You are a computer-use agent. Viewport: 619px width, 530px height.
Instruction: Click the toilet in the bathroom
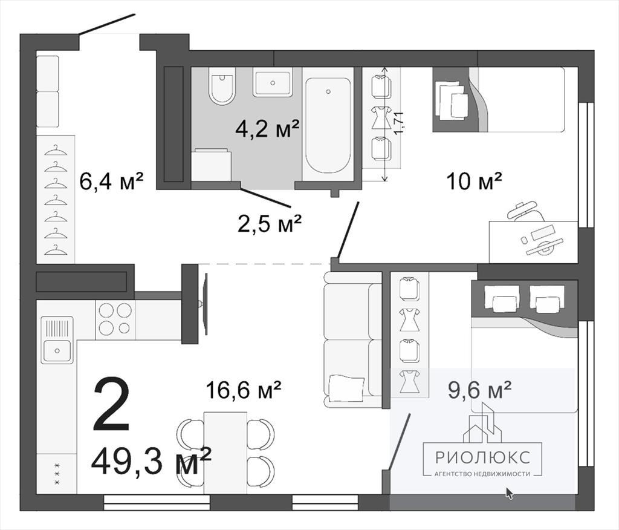click(222, 87)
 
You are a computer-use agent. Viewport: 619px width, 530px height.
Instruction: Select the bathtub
click(328, 125)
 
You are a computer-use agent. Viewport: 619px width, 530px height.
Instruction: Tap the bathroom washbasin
click(273, 82)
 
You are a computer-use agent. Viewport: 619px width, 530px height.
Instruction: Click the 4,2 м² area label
click(268, 128)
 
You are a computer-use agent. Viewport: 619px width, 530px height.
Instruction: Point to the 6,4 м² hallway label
click(111, 182)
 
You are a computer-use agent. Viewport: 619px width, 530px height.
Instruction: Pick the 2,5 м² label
click(270, 224)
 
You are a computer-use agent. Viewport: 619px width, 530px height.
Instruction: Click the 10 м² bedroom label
click(474, 182)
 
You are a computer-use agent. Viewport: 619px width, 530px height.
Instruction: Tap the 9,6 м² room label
click(479, 390)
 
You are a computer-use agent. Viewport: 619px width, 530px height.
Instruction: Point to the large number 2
click(111, 404)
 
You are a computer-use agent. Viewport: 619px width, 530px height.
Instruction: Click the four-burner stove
click(115, 319)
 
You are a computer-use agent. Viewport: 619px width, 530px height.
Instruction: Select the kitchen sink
click(57, 339)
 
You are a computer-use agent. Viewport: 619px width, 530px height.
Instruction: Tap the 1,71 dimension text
click(399, 123)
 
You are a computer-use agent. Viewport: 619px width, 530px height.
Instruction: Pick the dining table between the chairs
click(225, 453)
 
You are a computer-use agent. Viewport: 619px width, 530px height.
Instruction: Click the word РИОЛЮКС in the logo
click(482, 457)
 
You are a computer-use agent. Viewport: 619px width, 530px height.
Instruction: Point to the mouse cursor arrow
click(510, 493)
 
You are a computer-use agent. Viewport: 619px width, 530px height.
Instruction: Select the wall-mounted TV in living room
click(204, 304)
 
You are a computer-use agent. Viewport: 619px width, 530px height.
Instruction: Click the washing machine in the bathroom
click(212, 165)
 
